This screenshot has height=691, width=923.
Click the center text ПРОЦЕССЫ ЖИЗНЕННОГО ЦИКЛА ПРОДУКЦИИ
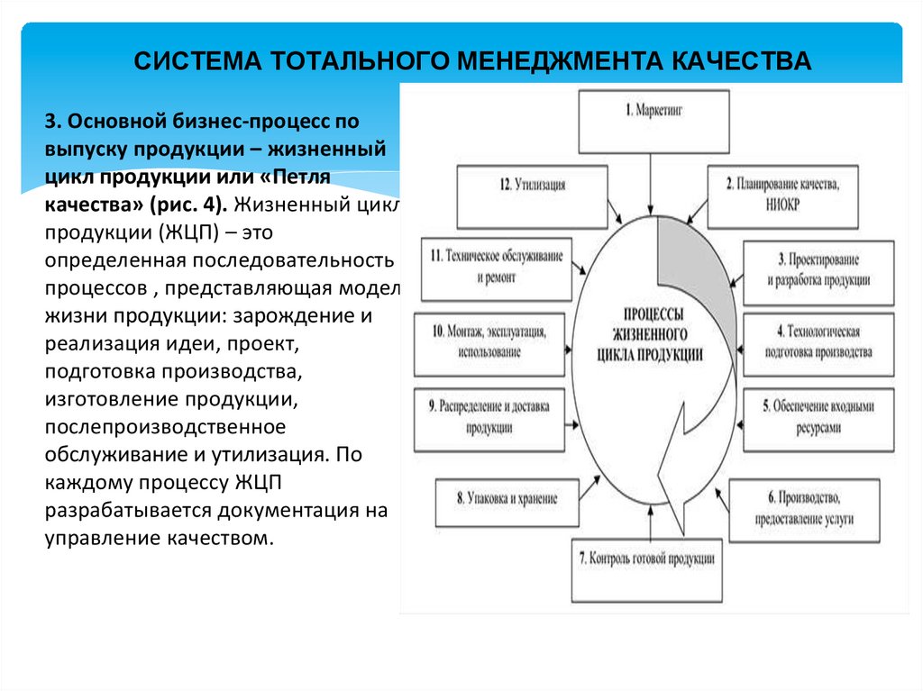[x=649, y=333]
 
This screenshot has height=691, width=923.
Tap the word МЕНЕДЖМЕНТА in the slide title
[x=558, y=61]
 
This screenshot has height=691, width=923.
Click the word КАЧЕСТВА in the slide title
[x=743, y=61]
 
